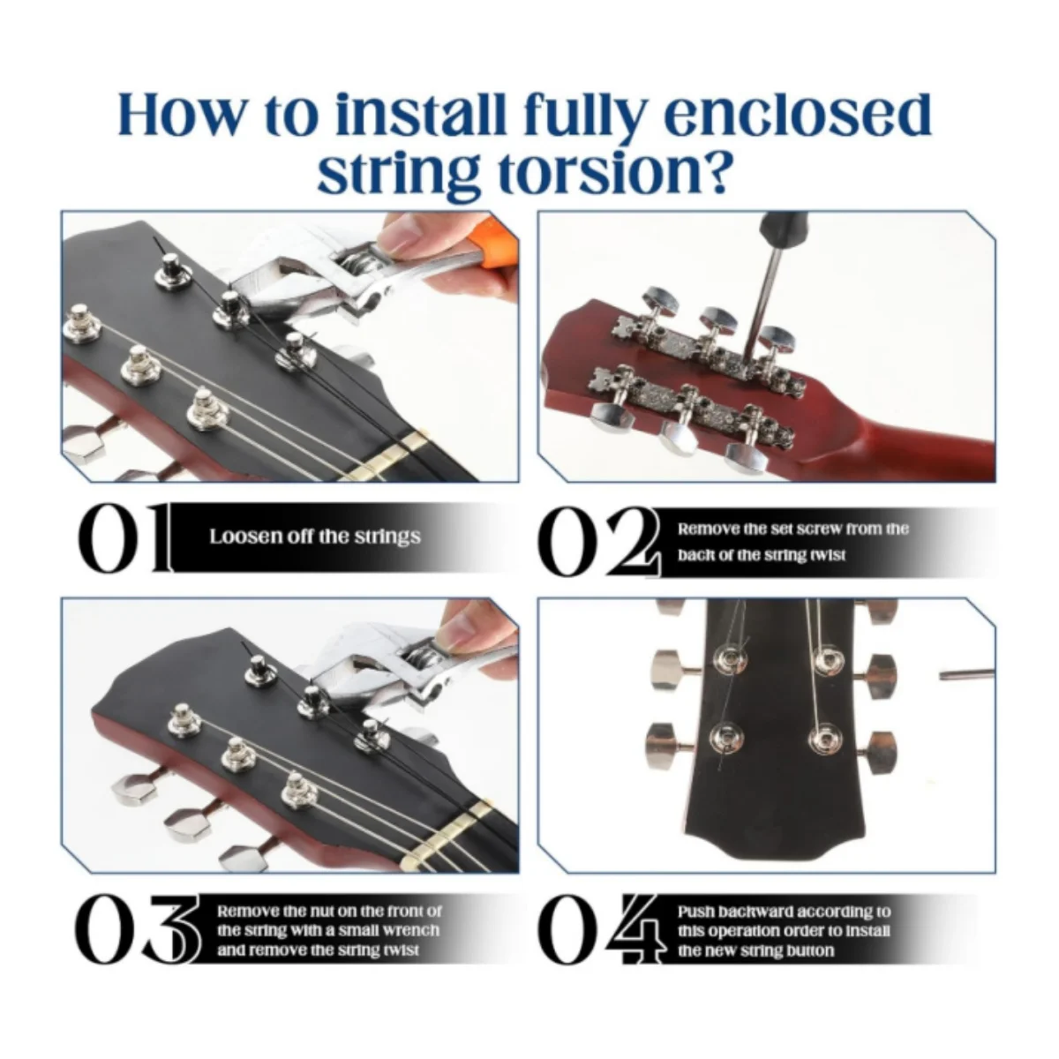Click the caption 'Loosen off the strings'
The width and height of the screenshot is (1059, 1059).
[x=314, y=537]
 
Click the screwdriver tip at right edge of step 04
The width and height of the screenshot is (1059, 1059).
[x=966, y=675]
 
